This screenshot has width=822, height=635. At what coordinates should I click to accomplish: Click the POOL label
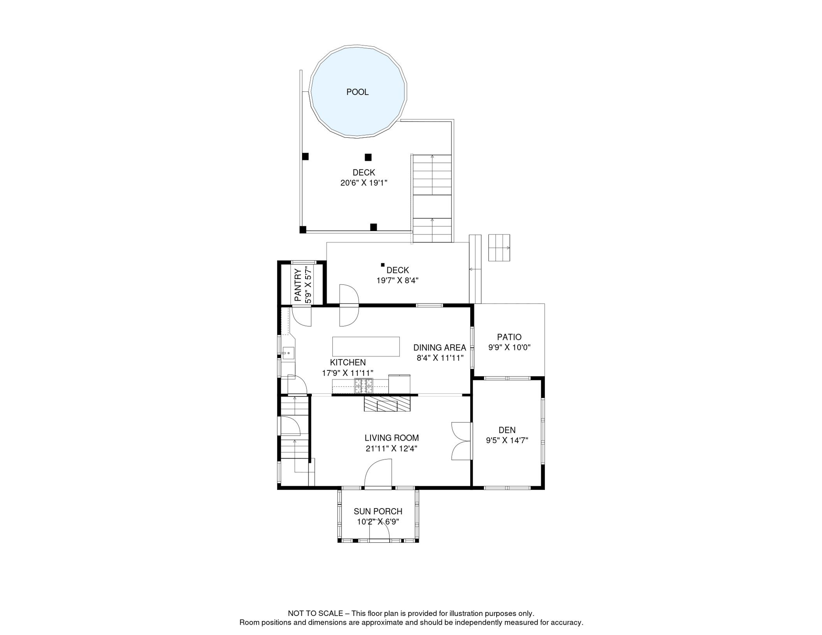[x=357, y=92]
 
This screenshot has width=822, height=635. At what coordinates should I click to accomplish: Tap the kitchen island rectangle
[x=366, y=346]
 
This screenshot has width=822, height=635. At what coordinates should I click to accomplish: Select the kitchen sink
[x=289, y=353]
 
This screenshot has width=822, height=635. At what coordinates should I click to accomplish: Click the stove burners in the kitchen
[x=363, y=386]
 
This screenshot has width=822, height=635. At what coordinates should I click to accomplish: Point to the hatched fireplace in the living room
[x=387, y=404]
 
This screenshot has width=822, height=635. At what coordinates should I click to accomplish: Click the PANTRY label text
[x=298, y=285]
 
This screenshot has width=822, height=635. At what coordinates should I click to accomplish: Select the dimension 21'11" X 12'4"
[x=391, y=449]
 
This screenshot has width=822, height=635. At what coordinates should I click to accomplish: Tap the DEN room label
[x=507, y=430]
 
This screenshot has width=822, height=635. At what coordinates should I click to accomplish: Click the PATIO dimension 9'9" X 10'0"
[x=509, y=348]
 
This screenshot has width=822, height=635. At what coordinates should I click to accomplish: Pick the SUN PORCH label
[x=378, y=511]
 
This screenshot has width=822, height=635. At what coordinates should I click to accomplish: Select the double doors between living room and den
[x=461, y=441]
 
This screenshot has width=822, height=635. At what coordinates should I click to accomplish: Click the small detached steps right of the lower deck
[x=499, y=248]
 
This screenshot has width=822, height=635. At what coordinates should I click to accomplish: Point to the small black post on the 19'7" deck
[x=382, y=265]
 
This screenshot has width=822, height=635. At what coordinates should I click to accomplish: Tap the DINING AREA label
[x=440, y=348]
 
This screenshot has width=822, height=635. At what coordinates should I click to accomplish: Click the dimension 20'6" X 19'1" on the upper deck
[x=363, y=183]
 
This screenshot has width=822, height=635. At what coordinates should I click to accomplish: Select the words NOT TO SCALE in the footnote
[x=315, y=614]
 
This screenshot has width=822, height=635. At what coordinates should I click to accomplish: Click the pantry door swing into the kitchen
[x=301, y=317]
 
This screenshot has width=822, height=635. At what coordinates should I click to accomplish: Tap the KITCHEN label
[x=348, y=363]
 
